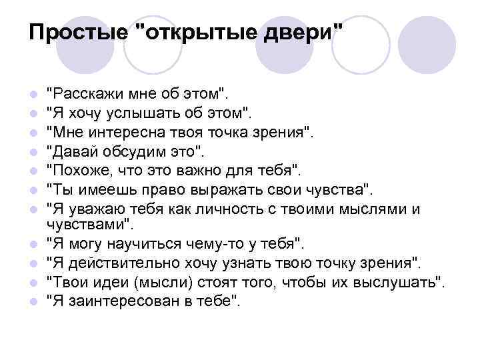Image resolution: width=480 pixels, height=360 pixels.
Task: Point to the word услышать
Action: click(142, 109)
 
